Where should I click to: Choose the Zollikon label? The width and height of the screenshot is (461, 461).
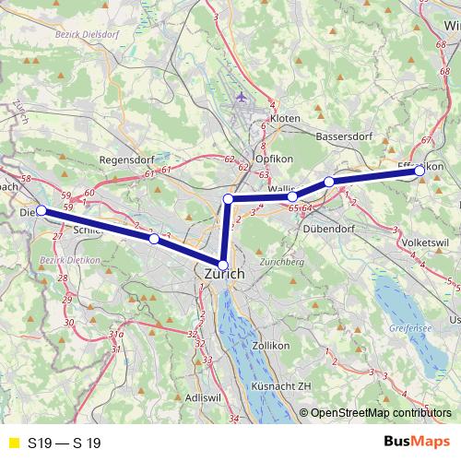tap(270, 345)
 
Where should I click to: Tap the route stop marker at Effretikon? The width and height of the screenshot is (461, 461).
tap(420, 171)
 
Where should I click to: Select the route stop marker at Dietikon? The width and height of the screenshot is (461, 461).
tap(41, 211)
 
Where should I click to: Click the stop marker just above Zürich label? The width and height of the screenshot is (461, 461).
tap(222, 265)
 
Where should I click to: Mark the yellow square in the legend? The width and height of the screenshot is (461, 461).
tap(13, 443)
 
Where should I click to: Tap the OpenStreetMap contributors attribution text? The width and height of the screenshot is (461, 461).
tap(381, 414)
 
